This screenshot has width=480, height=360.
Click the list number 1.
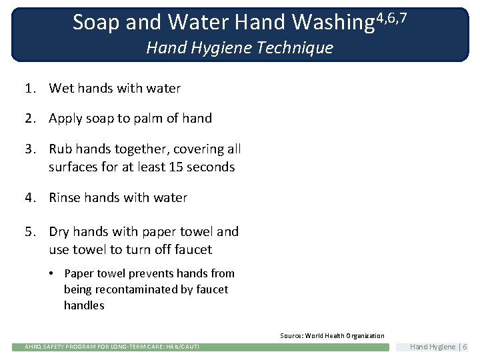pyautogui.click(x=29, y=88)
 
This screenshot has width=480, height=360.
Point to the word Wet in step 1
pyautogui.click(x=61, y=88)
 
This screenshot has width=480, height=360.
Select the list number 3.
pyautogui.click(x=29, y=149)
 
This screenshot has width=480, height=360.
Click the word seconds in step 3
pyautogui.click(x=211, y=167)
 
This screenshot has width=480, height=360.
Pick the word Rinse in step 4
pyautogui.click(x=65, y=198)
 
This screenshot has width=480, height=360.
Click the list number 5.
pyautogui.click(x=29, y=232)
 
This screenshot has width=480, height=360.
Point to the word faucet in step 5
pyautogui.click(x=192, y=250)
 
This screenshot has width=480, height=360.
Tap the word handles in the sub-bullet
pyautogui.click(x=84, y=305)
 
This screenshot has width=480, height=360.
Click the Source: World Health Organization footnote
pyautogui.click(x=332, y=336)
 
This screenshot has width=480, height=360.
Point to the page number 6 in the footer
pyautogui.click(x=465, y=347)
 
